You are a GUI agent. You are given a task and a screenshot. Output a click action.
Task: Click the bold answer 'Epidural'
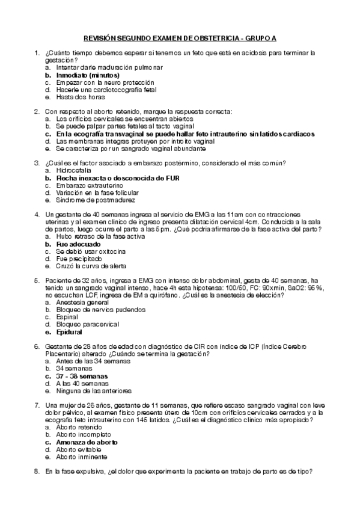tap(69, 331)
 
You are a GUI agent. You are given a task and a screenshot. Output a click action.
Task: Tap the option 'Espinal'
tap(67, 317)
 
